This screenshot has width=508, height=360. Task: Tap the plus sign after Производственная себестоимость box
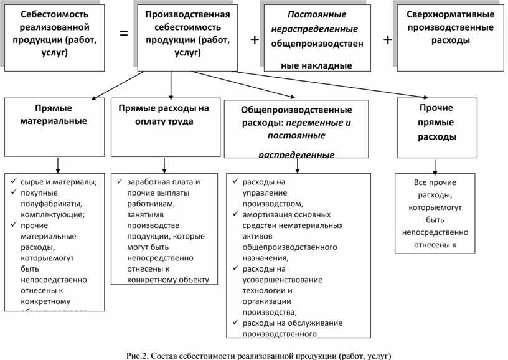click(x=255, y=40)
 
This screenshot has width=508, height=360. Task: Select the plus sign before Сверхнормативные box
click(x=388, y=40)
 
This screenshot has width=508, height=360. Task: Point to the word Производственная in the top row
click(x=187, y=14)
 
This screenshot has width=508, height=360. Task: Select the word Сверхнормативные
click(x=450, y=14)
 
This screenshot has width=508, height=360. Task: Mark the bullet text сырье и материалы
click(x=59, y=182)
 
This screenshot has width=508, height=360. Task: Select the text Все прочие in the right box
click(x=435, y=182)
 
